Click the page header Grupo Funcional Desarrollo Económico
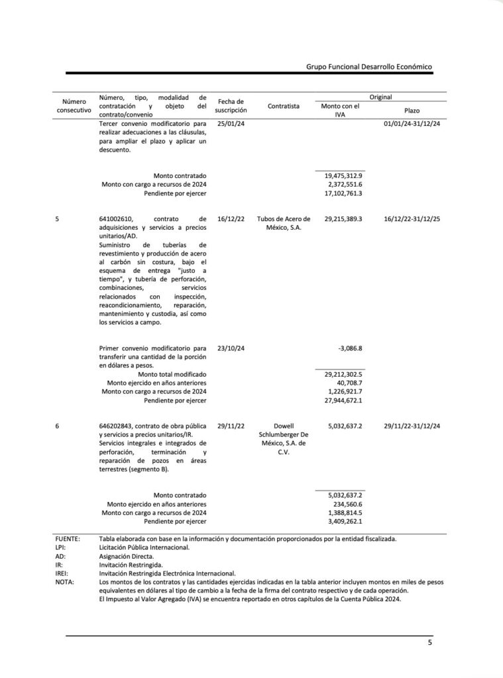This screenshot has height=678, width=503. [369, 67]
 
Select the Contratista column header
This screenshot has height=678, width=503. [284, 106]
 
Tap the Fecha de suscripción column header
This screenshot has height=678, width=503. [231, 106]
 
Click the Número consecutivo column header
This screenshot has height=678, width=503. [74, 106]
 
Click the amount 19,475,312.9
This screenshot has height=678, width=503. [343, 175]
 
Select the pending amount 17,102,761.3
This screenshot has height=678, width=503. [343, 193]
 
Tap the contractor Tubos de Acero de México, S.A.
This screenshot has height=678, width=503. [284, 222]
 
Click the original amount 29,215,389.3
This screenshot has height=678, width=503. [343, 218]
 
